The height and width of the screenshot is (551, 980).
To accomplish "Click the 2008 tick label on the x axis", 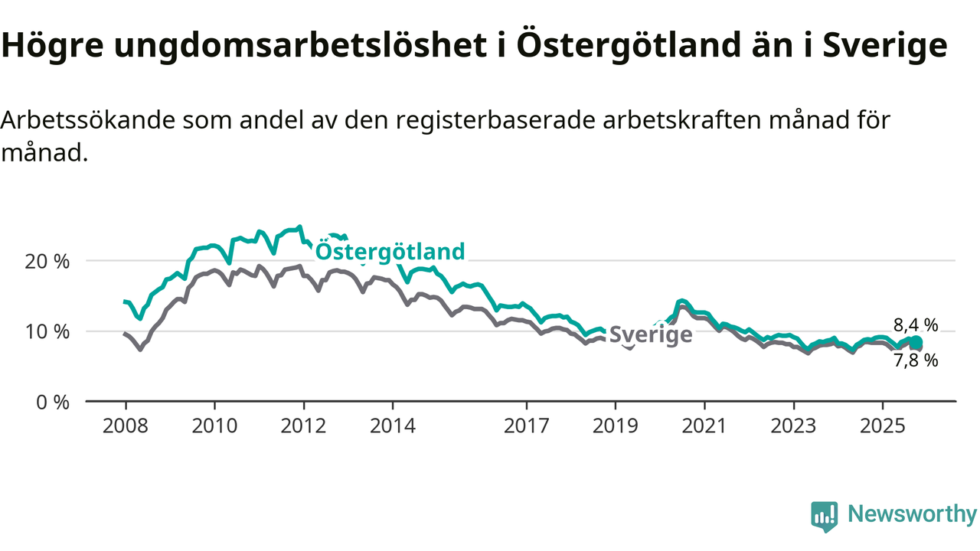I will point(125,425).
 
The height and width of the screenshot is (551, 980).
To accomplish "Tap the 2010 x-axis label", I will point(214,425).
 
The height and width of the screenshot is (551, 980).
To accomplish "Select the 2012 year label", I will point(303,425).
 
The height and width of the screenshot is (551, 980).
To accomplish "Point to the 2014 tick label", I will point(393,425).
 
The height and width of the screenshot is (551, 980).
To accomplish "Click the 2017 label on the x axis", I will point(527,425).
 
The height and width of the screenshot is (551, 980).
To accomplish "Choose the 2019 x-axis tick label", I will point(616,425).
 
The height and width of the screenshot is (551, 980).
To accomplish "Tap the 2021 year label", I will point(705,425).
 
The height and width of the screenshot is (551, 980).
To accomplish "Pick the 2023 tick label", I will point(794,425).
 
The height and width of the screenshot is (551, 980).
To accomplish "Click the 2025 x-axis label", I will point(883,425).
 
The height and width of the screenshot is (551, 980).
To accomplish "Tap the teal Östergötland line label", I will point(390,251).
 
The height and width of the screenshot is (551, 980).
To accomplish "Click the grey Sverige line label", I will point(651,334).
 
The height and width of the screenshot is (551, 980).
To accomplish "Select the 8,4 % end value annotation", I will point(916,324).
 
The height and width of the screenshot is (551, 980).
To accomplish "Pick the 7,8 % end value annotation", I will point(916,360).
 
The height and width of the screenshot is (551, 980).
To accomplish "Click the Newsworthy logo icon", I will point(824,517).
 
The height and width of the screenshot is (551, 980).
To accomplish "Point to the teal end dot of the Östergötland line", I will point(916,342).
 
